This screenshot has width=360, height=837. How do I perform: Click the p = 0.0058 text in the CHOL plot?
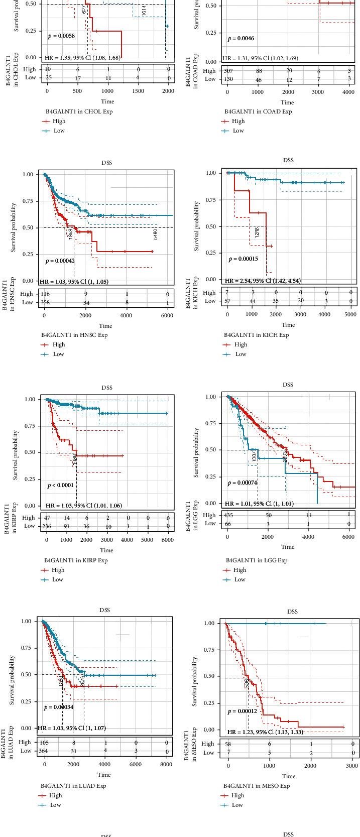pos(61,36)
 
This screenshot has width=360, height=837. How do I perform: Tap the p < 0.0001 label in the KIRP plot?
pos(60,485)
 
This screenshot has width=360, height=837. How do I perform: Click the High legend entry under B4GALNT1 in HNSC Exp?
pos(58,344)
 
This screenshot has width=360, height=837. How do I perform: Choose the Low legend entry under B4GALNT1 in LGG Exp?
pos(239,579)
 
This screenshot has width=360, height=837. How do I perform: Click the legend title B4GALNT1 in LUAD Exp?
pos(73,786)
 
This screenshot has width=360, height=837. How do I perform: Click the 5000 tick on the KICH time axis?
pos(350,314)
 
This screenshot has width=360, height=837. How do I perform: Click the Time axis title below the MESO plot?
pos(288,776)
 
